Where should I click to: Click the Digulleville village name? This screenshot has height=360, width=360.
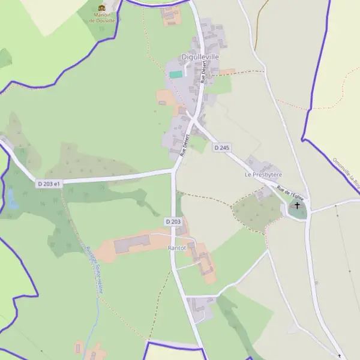tap(200, 57)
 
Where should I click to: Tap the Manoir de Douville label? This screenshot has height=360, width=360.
tap(101, 17)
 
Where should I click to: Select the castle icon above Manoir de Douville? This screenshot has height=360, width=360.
tap(101, 8)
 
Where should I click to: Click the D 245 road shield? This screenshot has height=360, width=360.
tap(222, 148)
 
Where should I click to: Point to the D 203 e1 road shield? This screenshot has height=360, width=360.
tap(49, 184)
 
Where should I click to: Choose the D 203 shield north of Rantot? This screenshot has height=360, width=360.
tap(172, 221)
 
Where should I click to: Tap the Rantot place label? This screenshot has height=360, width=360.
tap(177, 247)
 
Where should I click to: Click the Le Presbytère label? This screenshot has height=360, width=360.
tap(263, 175)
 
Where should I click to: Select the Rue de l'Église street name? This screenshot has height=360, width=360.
tap(290, 193)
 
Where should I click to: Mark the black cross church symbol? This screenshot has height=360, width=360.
tap(296, 206)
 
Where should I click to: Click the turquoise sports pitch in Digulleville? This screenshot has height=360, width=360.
tap(175, 74)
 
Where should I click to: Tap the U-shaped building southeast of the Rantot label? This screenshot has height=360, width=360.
tap(205, 263)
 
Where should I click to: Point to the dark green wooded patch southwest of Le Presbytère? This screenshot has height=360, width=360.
tap(255, 209)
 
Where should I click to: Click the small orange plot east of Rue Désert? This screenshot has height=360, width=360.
tap(227, 72)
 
